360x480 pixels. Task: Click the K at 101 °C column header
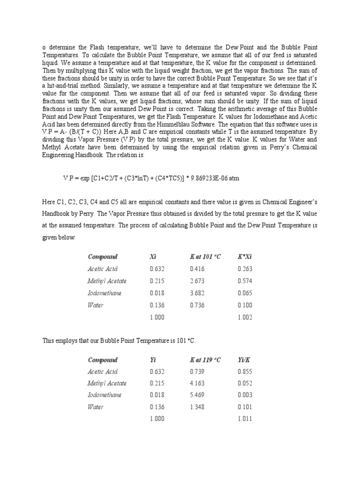click(x=205, y=257)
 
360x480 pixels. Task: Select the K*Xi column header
click(x=245, y=257)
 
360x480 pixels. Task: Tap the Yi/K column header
click(x=244, y=360)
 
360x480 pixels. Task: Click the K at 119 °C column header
click(x=205, y=360)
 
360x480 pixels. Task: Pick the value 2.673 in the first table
click(x=197, y=281)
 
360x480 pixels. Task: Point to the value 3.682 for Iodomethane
click(x=197, y=293)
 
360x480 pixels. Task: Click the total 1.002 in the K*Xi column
click(x=245, y=317)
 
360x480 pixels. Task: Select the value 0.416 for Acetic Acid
click(x=197, y=269)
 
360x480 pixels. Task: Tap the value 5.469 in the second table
click(x=197, y=395)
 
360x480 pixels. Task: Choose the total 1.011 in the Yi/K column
click(x=245, y=419)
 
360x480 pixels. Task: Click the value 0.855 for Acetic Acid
click(x=245, y=372)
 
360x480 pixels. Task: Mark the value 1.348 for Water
click(x=197, y=407)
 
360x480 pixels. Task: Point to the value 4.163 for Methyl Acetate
click(x=197, y=383)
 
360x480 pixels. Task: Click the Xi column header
click(x=153, y=257)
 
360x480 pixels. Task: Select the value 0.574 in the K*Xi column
click(x=245, y=281)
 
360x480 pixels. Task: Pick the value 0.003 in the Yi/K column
click(x=245, y=395)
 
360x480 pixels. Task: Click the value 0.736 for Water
click(x=197, y=305)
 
